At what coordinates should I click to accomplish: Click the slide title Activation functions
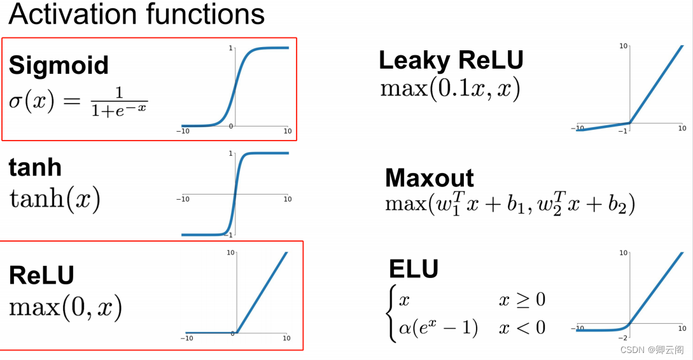point(137,14)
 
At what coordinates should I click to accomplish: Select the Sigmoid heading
point(59,66)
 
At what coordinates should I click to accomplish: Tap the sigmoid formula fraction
point(120,102)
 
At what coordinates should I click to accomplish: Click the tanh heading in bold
point(35,167)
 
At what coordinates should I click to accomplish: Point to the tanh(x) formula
point(55,198)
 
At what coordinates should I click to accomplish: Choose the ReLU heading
point(41,275)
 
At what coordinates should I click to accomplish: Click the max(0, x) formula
point(66,307)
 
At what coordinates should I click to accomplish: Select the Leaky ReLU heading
point(451,60)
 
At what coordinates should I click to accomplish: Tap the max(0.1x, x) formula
point(451,89)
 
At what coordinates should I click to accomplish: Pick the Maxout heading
point(430,178)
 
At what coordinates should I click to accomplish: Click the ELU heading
point(414,268)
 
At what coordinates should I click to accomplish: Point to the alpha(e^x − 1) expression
point(438,328)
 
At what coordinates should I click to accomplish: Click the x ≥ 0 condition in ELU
point(522,300)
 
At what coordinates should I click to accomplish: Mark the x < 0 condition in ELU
point(522,328)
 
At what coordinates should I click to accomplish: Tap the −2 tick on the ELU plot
point(623,338)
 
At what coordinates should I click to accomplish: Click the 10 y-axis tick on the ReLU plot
point(230,253)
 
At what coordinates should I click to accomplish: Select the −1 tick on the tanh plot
point(229,235)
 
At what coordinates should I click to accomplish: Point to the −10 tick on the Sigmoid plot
point(183,131)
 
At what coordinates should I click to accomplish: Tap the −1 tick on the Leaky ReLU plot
point(623,131)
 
